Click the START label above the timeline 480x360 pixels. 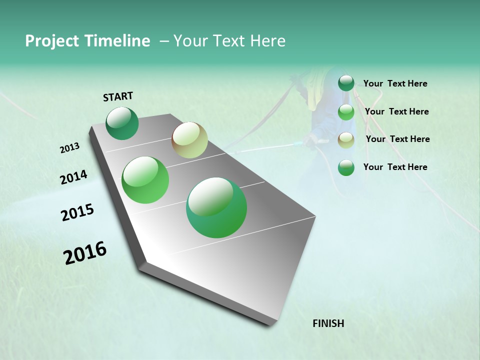tap(118, 96)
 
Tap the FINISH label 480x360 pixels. tap(328, 323)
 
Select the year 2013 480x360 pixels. tap(69, 148)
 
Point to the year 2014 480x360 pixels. tap(73, 177)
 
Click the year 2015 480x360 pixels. tap(77, 212)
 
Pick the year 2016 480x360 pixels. tap(85, 253)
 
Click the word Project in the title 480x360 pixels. tap(49, 41)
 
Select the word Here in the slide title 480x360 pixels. tap(267, 41)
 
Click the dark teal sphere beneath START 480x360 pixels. tap(122, 123)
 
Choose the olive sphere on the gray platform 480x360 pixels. tap(189, 140)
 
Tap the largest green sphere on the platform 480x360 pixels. tap(216, 207)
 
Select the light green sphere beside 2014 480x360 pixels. tap(145, 180)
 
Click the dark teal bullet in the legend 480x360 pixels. tap(346, 83)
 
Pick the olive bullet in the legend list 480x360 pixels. tap(346, 140)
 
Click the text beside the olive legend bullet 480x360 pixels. tap(397, 139)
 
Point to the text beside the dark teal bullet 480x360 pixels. tap(395, 83)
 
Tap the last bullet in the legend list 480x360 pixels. tap(346, 168)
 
